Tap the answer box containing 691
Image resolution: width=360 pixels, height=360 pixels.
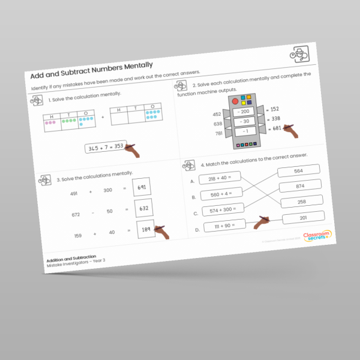[x=142, y=188]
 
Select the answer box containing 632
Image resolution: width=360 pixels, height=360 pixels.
[x=144, y=208]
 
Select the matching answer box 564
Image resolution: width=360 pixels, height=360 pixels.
[x=298, y=171]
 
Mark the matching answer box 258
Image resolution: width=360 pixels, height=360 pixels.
[x=301, y=202]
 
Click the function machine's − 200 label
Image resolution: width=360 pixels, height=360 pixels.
[x=243, y=112]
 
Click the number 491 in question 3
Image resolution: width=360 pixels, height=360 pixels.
[x=74, y=193]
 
